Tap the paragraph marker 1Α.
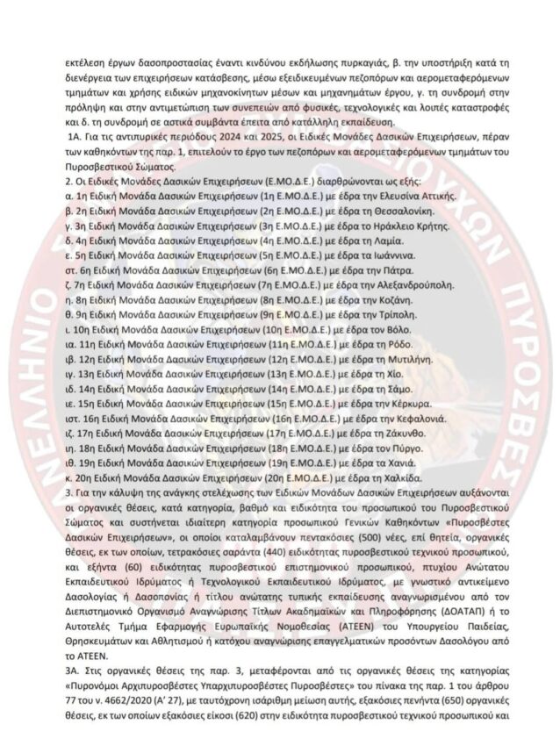(x=73, y=140)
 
